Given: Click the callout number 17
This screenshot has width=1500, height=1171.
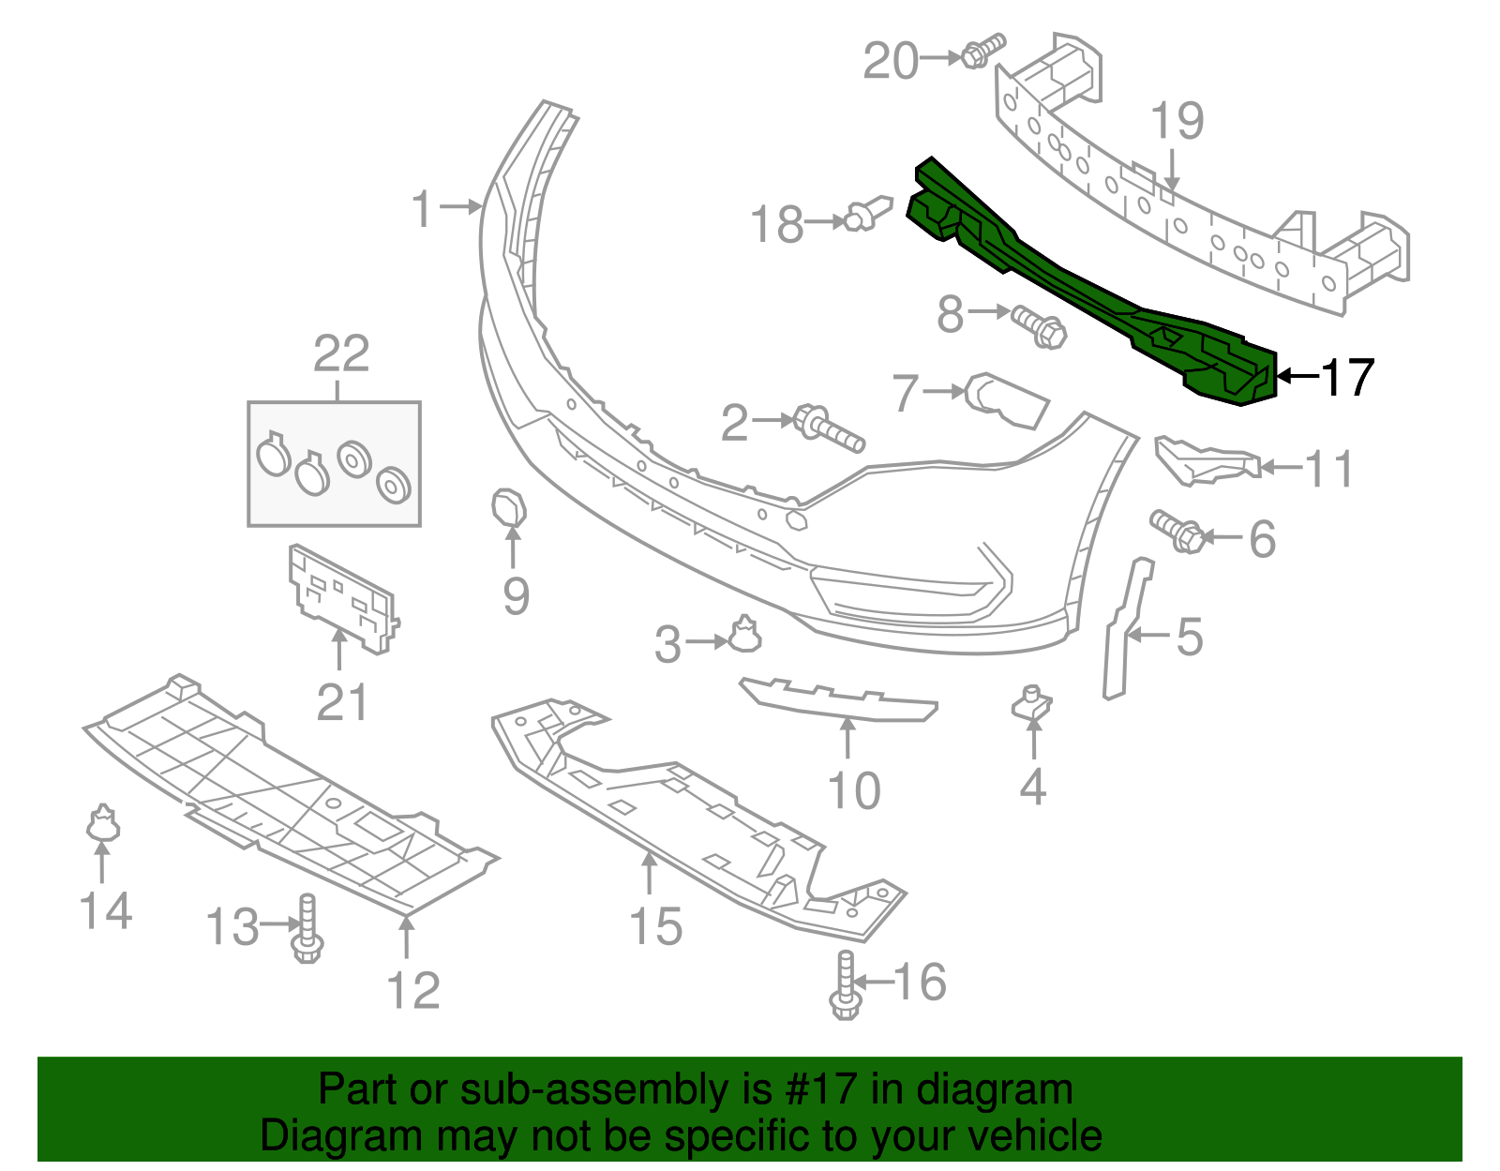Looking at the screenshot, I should pyautogui.click(x=1348, y=377).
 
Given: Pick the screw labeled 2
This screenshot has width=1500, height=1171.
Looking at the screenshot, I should pyautogui.click(x=829, y=428).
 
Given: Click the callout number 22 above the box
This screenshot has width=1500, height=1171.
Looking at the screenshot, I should pyautogui.click(x=341, y=354).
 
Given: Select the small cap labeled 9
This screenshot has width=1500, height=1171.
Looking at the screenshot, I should pyautogui.click(x=509, y=508).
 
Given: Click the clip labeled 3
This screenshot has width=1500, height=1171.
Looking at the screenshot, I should pyautogui.click(x=745, y=635).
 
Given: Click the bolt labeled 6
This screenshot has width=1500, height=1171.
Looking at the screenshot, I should pyautogui.click(x=1177, y=532).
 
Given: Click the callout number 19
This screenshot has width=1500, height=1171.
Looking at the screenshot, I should pyautogui.click(x=1177, y=122).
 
